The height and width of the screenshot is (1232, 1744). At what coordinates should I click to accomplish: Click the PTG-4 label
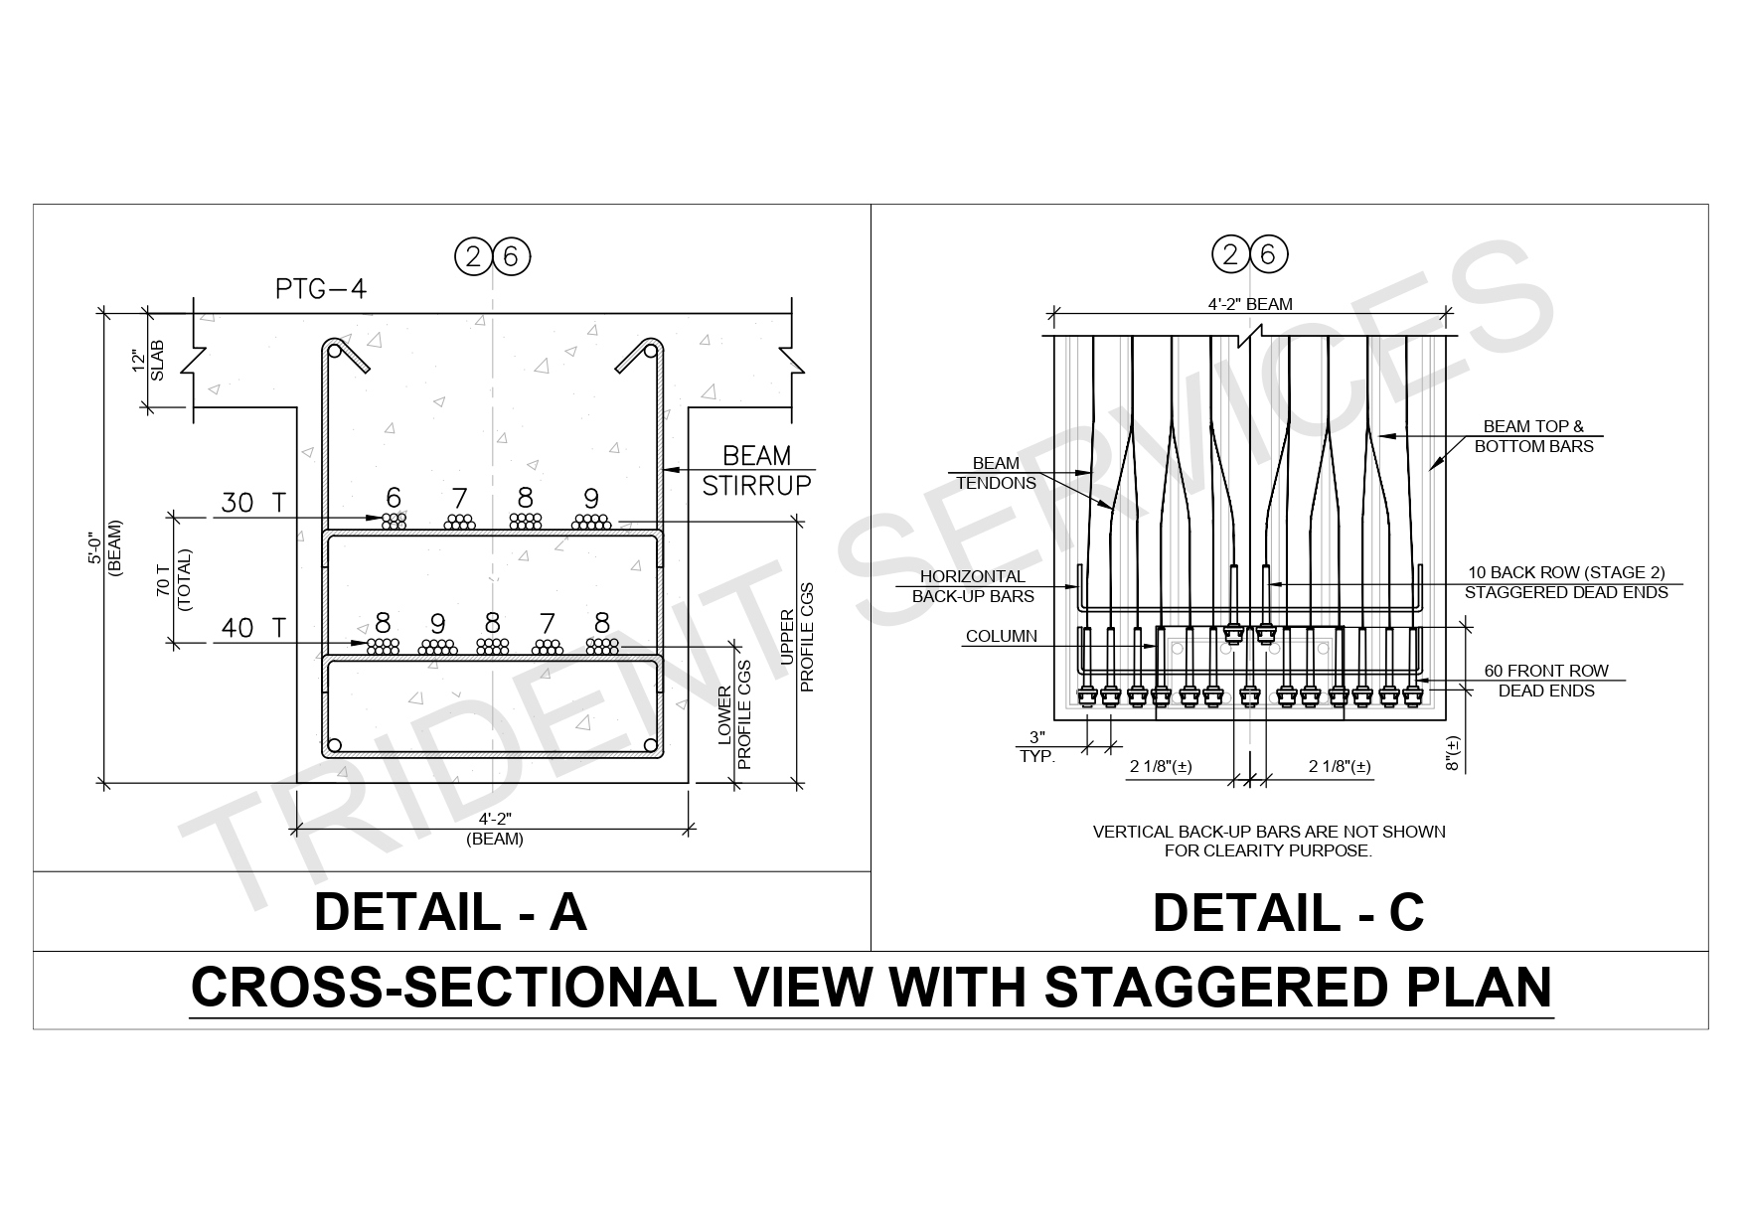321,289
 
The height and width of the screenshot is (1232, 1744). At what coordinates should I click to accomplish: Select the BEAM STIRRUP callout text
756,471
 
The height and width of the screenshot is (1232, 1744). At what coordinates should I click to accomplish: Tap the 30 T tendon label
252,504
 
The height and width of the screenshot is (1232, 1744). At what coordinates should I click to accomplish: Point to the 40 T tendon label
252,628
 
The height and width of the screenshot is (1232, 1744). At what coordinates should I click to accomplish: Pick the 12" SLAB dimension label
147,361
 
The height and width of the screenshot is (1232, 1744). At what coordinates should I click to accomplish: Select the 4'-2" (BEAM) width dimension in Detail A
495,829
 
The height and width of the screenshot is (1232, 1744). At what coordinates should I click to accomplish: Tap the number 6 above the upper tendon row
394,498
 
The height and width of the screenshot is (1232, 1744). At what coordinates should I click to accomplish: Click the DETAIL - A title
450,912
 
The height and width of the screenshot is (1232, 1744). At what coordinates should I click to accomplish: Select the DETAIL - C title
1288,912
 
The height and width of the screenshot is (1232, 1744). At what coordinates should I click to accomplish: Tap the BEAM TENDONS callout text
996,473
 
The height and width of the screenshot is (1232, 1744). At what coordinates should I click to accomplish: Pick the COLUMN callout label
1001,636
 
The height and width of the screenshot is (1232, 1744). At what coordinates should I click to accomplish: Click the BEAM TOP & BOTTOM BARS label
1533,437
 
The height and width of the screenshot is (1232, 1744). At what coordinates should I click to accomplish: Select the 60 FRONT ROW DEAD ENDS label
1545,681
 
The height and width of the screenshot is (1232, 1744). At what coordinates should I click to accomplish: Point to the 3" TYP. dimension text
1037,746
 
